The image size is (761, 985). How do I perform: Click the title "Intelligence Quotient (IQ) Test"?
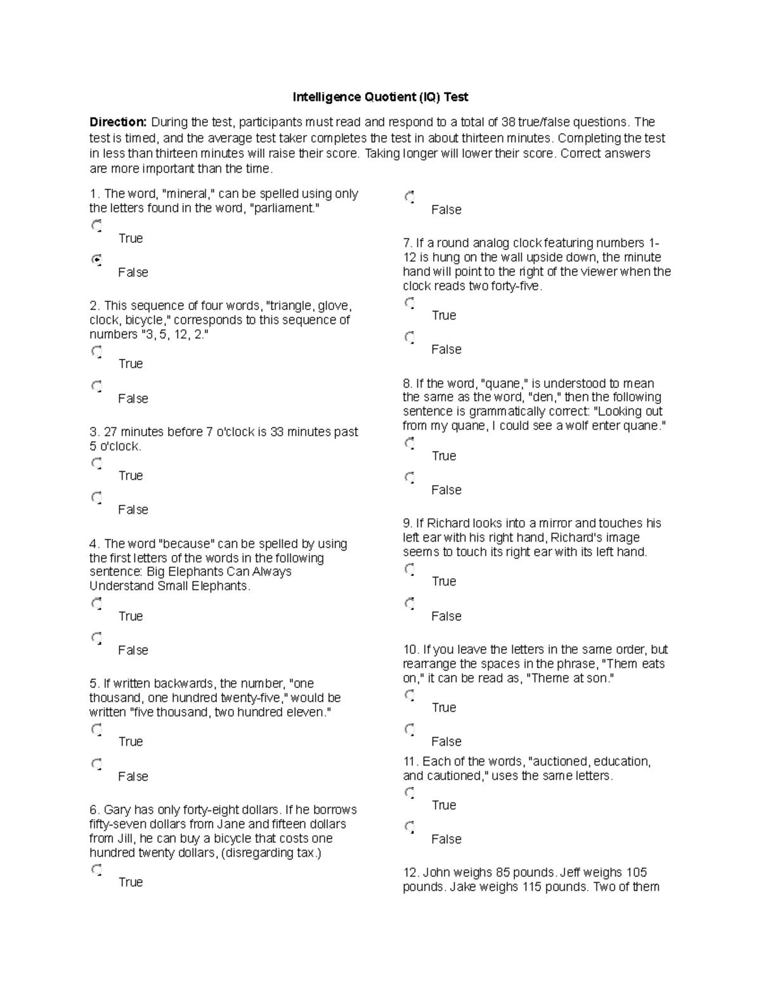[x=380, y=97]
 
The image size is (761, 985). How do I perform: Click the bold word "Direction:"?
[x=118, y=122]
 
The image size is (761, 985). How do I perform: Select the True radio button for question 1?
[x=96, y=225]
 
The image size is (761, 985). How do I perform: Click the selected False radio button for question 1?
[x=96, y=259]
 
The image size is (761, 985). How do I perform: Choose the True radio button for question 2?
[x=96, y=351]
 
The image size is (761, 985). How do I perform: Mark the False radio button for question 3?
[x=96, y=497]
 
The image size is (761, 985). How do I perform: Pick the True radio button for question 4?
[x=96, y=603]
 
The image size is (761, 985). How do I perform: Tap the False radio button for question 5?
[x=96, y=764]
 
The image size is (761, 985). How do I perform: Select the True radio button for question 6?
[x=96, y=869]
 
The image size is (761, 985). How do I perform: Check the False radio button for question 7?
[x=410, y=336]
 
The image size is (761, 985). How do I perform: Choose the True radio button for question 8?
[x=410, y=443]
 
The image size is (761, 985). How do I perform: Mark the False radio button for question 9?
[x=410, y=603]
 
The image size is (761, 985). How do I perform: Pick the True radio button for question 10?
[x=410, y=695]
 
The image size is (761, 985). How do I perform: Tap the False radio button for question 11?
[x=410, y=826]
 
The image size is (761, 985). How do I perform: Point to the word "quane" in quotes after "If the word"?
[x=502, y=383]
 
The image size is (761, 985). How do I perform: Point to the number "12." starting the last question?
[x=411, y=872]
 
